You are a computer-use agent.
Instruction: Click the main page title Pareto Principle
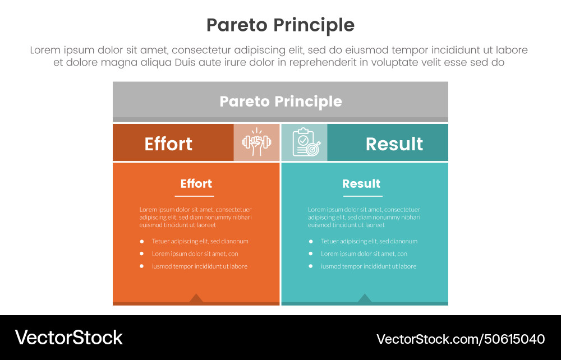pyautogui.click(x=280, y=25)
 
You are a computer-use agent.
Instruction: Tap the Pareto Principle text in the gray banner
pyautogui.click(x=280, y=101)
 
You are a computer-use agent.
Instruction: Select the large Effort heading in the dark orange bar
pyautogui.click(x=168, y=144)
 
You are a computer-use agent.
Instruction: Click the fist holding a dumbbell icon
pyautogui.click(x=256, y=143)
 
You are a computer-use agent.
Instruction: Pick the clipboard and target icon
pyautogui.click(x=304, y=143)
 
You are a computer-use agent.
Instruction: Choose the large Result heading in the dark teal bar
pyautogui.click(x=394, y=144)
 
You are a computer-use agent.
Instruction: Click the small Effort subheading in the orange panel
pyautogui.click(x=196, y=184)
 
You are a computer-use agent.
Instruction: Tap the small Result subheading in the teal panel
pyautogui.click(x=361, y=184)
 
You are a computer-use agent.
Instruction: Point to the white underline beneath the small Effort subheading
pyautogui.click(x=194, y=196)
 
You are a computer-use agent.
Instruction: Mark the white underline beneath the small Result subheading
pyautogui.click(x=363, y=196)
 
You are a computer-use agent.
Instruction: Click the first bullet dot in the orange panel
pyautogui.click(x=141, y=242)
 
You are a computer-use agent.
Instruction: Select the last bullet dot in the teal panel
pyautogui.click(x=310, y=266)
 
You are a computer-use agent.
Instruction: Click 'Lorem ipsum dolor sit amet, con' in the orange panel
pyautogui.click(x=195, y=254)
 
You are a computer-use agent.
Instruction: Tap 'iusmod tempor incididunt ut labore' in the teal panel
pyautogui.click(x=369, y=266)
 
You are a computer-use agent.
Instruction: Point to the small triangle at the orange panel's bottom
pyautogui.click(x=196, y=298)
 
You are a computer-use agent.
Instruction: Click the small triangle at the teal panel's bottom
pyautogui.click(x=365, y=298)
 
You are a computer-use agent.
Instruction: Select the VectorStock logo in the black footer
pyautogui.click(x=69, y=338)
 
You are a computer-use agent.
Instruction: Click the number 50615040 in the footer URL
pyautogui.click(x=515, y=339)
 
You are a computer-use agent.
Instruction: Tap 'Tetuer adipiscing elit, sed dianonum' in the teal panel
pyautogui.click(x=369, y=242)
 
